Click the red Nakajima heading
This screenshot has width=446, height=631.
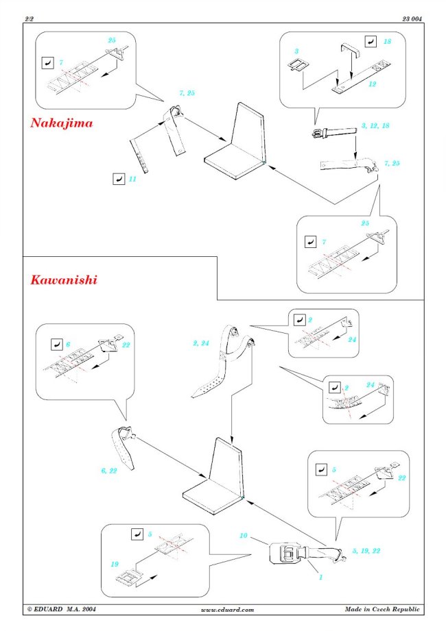click(61, 124)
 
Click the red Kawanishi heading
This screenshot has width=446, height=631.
click(63, 280)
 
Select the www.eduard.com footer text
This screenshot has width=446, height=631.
click(227, 609)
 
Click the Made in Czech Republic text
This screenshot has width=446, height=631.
click(384, 609)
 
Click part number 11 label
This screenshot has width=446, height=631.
click(132, 180)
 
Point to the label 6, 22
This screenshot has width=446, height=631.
click(108, 471)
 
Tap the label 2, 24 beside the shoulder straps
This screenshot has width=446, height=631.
click(202, 343)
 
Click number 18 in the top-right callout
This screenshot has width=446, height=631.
click(388, 42)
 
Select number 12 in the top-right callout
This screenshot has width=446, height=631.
click(373, 84)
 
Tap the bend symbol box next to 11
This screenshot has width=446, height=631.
click(117, 179)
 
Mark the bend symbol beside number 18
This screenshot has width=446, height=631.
click(371, 41)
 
